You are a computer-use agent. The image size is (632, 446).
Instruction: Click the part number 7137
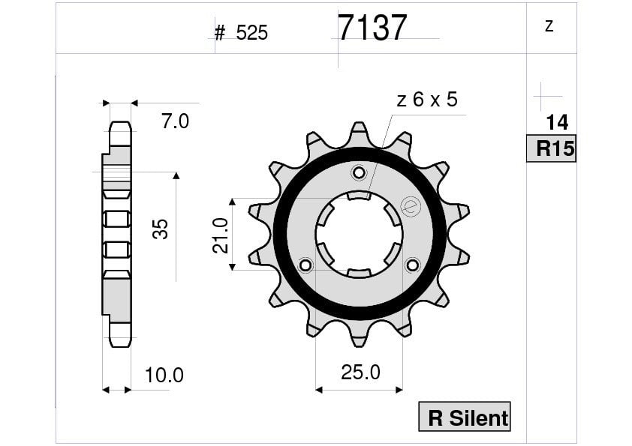(372, 28)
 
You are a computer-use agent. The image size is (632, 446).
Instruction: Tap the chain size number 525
(252, 33)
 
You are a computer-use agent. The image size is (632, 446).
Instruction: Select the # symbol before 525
(220, 33)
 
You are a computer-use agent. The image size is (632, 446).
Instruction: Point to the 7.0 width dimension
(176, 121)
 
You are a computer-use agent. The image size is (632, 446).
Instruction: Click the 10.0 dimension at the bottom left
(164, 375)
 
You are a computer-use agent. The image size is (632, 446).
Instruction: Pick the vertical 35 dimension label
(161, 229)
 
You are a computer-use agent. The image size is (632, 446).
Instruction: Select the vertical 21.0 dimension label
(221, 235)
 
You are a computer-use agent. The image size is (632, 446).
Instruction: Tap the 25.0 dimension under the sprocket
(360, 373)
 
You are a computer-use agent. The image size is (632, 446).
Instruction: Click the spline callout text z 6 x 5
(427, 100)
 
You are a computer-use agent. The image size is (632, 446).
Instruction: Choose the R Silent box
(465, 416)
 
